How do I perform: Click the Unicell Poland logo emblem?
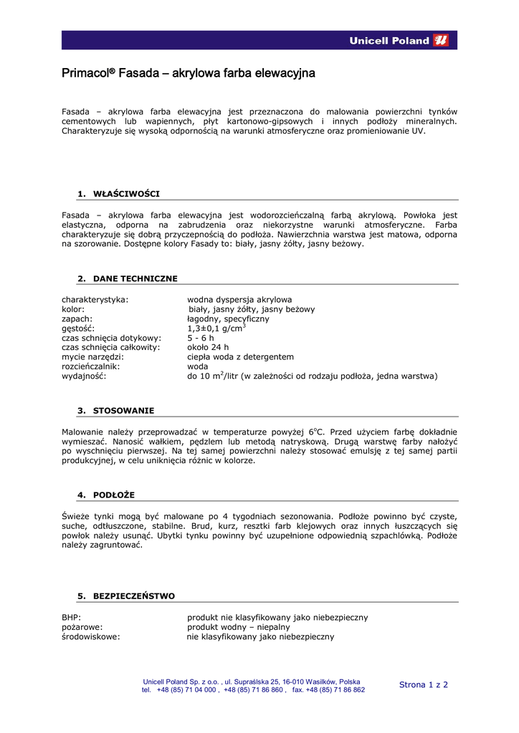point(442,41)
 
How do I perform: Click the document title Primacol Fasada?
point(189,74)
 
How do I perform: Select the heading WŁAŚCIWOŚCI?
point(127,194)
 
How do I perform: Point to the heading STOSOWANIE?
point(124,411)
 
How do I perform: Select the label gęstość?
point(79,329)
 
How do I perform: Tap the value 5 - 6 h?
point(201,338)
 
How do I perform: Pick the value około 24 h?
point(208,347)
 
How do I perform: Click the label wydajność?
point(84,376)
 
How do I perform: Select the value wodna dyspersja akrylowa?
point(239,299)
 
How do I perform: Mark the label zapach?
point(77,319)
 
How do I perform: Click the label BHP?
point(72,617)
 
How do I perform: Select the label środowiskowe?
point(91,636)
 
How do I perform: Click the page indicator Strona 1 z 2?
point(423,685)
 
